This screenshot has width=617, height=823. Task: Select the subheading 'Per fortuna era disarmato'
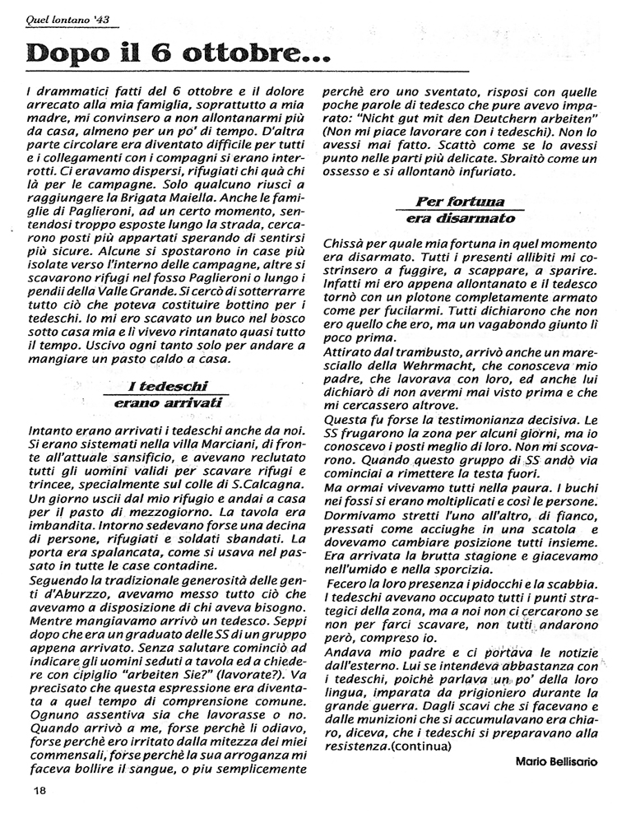tap(460, 210)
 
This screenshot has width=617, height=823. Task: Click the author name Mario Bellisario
tap(555, 762)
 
